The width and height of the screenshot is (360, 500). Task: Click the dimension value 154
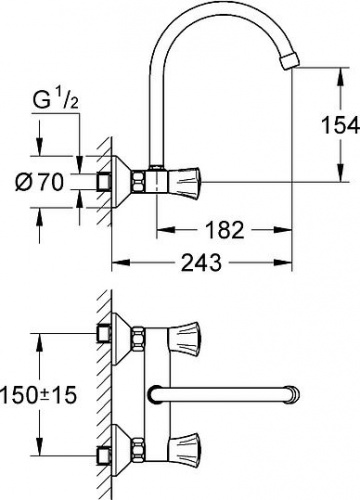click(340, 126)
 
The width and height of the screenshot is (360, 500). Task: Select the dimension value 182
click(224, 229)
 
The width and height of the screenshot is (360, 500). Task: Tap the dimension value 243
click(201, 262)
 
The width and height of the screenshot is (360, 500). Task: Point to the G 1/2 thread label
click(56, 100)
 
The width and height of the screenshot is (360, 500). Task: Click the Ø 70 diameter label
click(39, 182)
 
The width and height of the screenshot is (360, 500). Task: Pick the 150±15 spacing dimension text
click(38, 394)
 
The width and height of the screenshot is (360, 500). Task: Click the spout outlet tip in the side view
click(291, 62)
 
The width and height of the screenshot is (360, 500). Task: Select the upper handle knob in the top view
click(184, 339)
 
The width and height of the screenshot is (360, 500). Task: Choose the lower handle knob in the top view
click(184, 451)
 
